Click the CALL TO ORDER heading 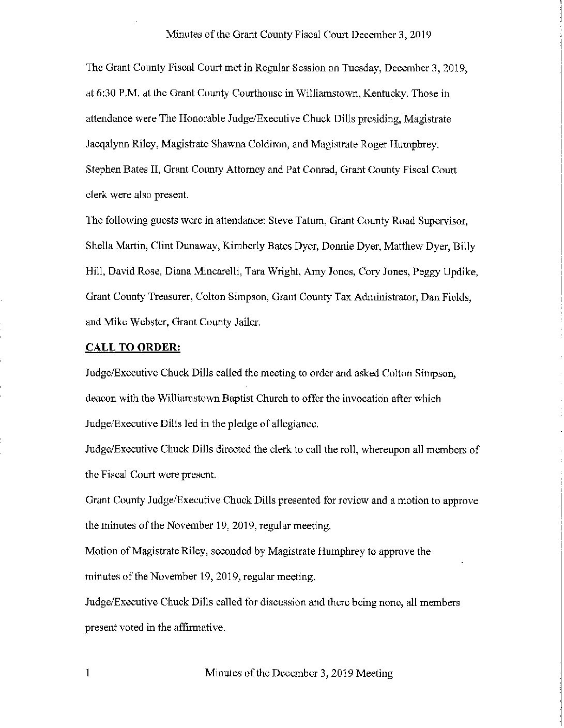[132, 347]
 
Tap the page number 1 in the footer [88, 673]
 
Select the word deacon [100, 399]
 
